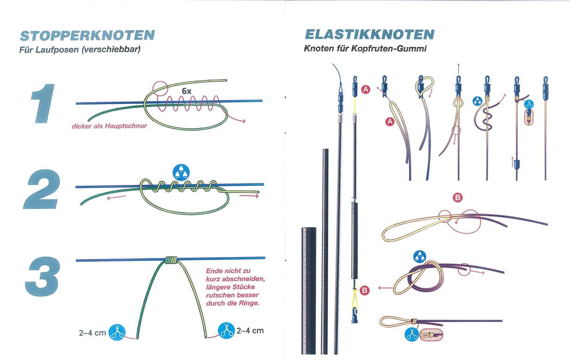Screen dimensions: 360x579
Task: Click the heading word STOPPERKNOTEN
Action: tap(88, 36)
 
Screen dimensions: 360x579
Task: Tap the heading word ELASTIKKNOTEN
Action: tap(369, 34)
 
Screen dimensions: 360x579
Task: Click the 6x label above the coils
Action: tap(186, 91)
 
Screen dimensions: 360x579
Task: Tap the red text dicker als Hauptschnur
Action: tap(109, 126)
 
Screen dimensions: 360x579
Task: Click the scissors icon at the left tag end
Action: tap(118, 332)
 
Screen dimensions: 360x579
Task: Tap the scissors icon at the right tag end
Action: tap(227, 331)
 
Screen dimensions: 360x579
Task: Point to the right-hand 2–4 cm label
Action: tap(250, 331)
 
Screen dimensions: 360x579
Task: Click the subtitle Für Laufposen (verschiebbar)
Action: tap(80, 49)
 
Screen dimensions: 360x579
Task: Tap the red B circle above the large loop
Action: tap(458, 198)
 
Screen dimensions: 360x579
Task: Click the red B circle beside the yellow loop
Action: tap(365, 291)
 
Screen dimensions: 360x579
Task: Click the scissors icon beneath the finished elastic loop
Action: tap(411, 334)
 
